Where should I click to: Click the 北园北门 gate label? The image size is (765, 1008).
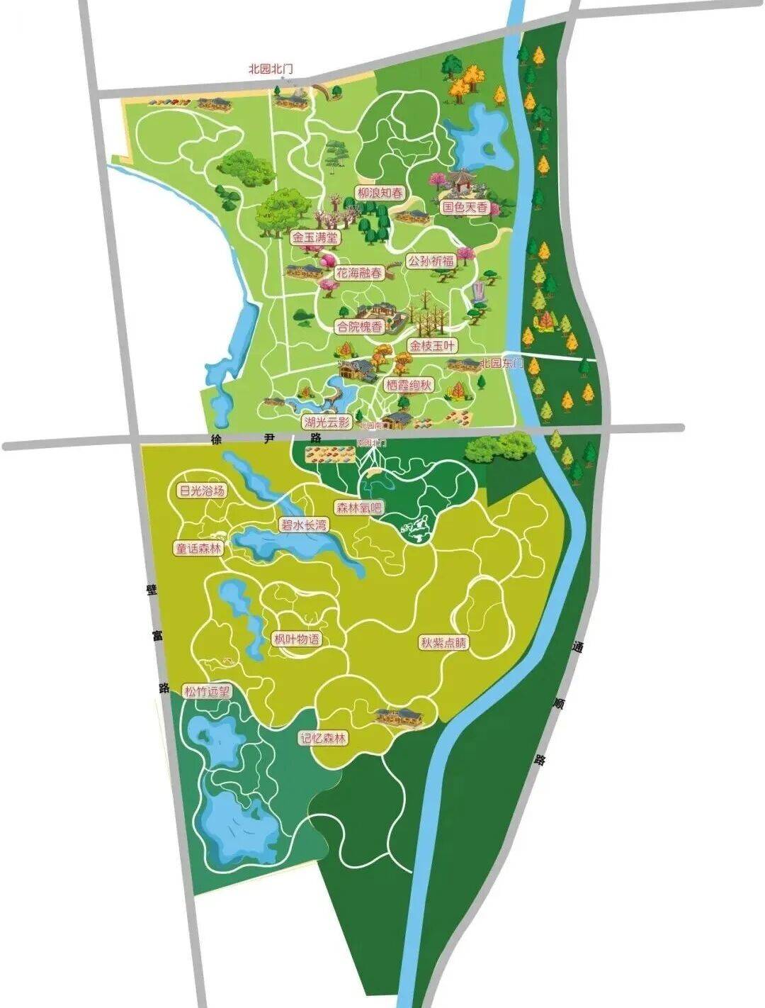(x=270, y=69)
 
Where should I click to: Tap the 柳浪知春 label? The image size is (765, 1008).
(x=381, y=193)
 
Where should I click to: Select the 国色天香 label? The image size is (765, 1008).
(x=465, y=208)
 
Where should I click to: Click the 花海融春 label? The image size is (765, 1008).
(x=358, y=272)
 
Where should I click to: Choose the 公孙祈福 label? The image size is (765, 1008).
(x=431, y=261)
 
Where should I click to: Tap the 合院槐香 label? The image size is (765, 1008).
(x=358, y=327)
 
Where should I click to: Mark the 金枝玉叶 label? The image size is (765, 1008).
(x=433, y=345)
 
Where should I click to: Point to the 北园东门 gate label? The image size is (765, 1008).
(x=501, y=364)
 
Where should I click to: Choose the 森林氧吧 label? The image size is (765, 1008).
(x=358, y=508)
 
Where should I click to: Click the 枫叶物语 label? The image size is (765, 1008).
(x=297, y=639)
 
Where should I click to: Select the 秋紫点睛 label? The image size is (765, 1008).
(x=444, y=643)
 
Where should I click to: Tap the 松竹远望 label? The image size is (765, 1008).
(x=207, y=692)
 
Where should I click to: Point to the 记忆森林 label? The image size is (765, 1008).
(x=324, y=738)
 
